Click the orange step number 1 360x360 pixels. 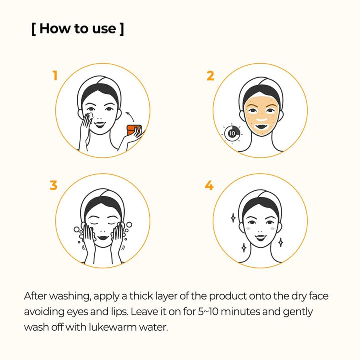coord(55,75)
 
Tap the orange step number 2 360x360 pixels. coord(210,76)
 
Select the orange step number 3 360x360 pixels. coord(53,185)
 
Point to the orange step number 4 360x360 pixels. coord(209,185)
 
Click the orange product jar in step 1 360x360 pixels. coord(134,130)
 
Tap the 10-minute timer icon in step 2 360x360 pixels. coord(232,133)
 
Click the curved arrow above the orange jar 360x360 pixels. coord(130,116)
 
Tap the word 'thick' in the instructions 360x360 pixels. coord(141,296)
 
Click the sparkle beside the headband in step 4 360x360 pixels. coord(233,218)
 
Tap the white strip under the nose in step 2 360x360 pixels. coord(261,120)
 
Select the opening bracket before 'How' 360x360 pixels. coord(34,29)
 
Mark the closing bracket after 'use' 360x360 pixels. coord(122,29)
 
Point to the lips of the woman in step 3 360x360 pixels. coord(103,237)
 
